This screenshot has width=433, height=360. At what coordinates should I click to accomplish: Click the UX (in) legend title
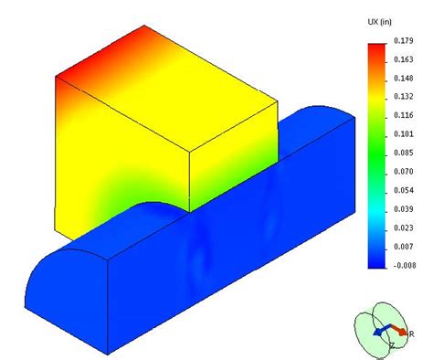click(x=379, y=22)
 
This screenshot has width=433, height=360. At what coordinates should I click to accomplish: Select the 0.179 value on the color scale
click(x=404, y=41)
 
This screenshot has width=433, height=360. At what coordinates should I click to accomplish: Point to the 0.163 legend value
click(x=404, y=59)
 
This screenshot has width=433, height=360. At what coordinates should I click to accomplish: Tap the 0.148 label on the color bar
click(x=404, y=79)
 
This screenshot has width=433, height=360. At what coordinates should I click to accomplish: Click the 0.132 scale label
click(x=404, y=97)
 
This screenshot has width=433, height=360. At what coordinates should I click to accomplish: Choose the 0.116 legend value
click(x=404, y=115)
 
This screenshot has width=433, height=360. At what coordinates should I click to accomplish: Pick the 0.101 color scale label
click(x=404, y=134)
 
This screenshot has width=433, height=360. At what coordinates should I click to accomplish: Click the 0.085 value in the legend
click(x=404, y=153)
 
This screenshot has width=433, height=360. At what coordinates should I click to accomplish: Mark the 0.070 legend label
click(x=404, y=172)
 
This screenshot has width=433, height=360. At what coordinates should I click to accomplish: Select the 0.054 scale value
click(x=404, y=191)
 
